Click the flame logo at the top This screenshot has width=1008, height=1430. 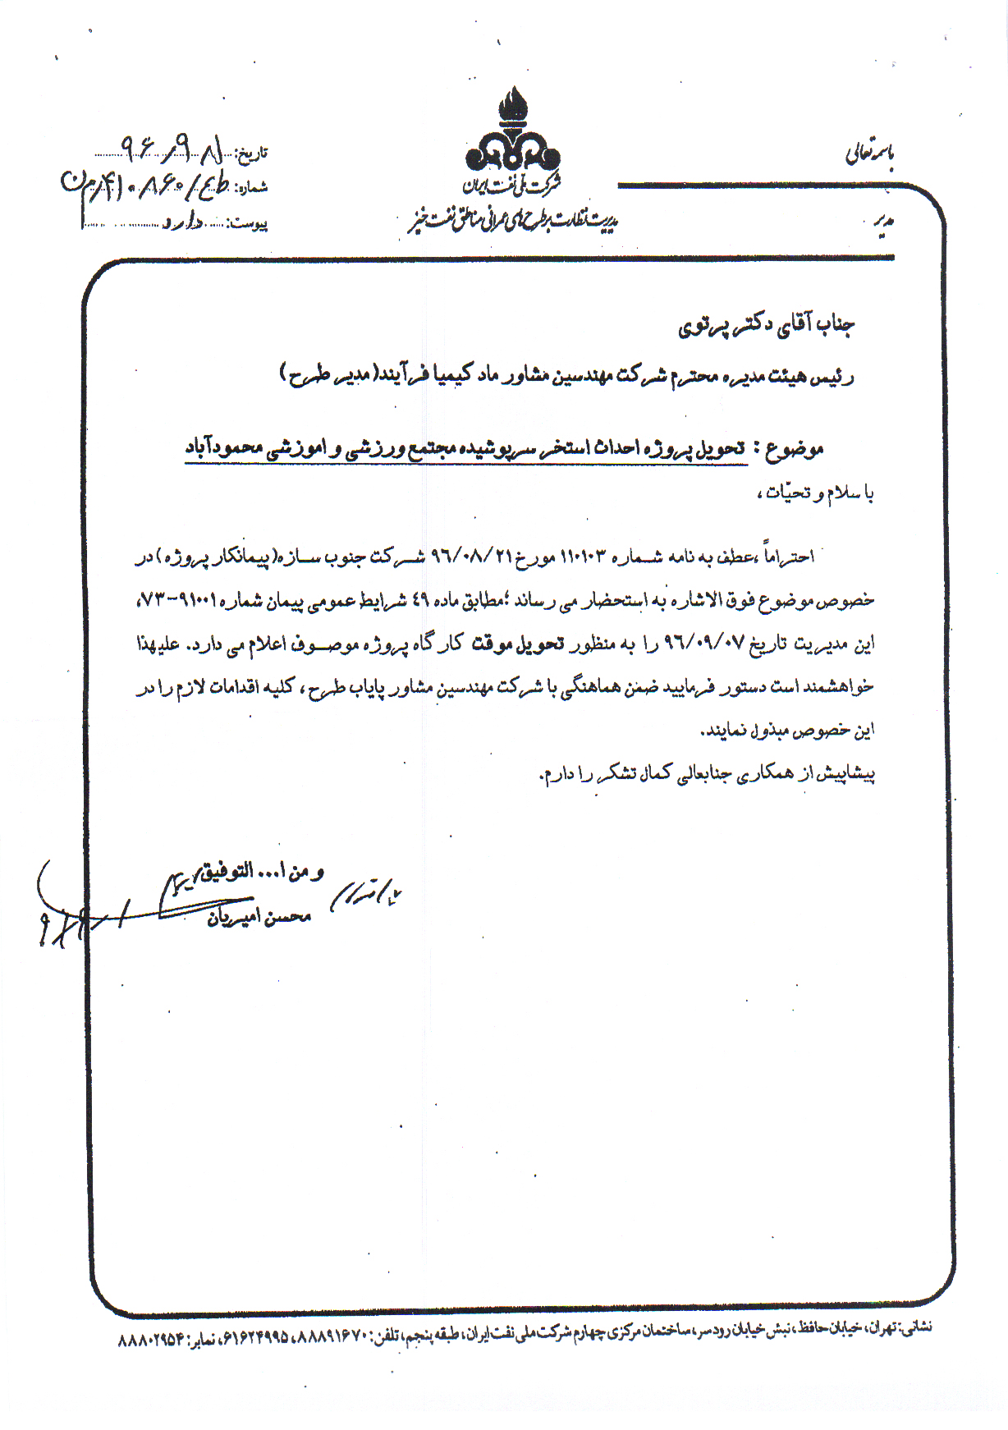click(512, 131)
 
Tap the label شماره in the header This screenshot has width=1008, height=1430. click(251, 188)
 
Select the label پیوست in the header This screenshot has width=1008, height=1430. click(248, 223)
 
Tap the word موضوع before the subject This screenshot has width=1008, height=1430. click(795, 449)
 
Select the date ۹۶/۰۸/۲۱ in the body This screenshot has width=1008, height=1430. click(466, 557)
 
